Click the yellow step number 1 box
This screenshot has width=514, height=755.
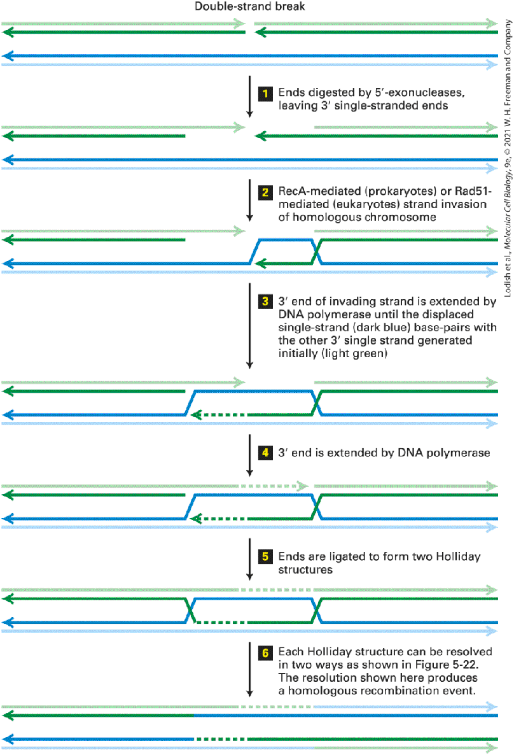pos(265,94)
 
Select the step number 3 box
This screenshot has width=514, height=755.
pos(265,301)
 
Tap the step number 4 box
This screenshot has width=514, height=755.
pos(265,453)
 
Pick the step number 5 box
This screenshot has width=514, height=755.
pos(265,556)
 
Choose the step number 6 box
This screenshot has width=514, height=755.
pos(265,653)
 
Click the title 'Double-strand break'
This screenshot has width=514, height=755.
pos(250,7)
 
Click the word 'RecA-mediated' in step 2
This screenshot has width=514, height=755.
pos(319,191)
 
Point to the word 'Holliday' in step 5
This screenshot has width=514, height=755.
pos(458,557)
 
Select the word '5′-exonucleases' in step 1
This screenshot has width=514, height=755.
pos(420,92)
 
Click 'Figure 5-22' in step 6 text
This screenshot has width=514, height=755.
pos(447,665)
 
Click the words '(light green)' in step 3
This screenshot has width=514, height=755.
pos(355,354)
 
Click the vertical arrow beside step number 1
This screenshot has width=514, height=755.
pos(249,96)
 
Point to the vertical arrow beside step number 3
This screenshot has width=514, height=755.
pos(249,325)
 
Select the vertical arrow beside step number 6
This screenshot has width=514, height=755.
pos(249,669)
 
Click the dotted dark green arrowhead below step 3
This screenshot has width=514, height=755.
pos(196,415)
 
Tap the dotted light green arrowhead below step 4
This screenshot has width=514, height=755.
pos(303,486)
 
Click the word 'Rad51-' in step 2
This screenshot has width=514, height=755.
pos(473,191)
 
